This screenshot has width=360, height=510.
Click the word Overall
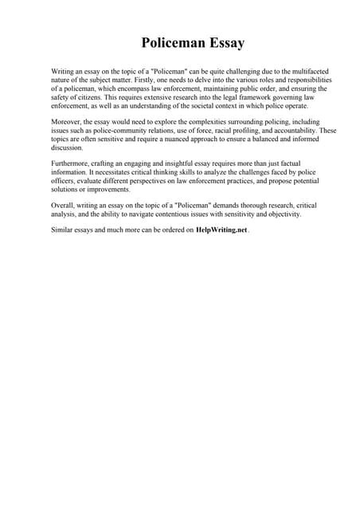[x=63, y=206]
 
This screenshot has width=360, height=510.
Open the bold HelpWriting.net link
[x=221, y=229]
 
